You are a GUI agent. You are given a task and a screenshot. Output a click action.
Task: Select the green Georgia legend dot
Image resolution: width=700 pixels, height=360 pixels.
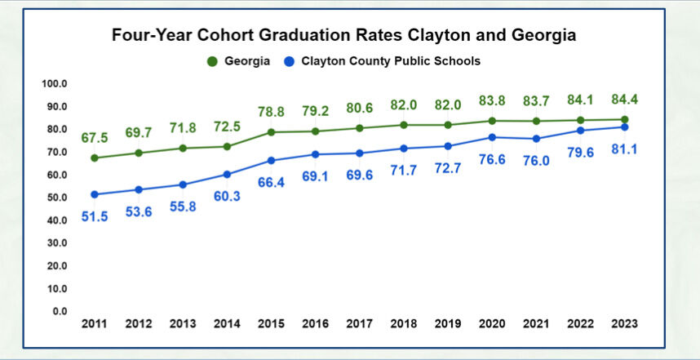[213, 61]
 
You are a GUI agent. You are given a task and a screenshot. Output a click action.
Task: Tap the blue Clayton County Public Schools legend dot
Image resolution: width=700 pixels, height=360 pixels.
[289, 61]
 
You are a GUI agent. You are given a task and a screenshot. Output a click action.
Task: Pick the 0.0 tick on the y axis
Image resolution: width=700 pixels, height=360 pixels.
[59, 311]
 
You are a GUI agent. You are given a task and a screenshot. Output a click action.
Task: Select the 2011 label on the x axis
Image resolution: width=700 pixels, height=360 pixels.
[95, 324]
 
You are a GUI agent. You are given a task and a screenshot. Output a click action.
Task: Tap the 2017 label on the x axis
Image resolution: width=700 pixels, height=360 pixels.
[360, 324]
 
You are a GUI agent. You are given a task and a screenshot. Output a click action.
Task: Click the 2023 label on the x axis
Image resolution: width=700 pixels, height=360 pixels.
[624, 324]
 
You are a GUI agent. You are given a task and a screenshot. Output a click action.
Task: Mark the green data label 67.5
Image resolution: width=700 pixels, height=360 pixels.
[95, 138]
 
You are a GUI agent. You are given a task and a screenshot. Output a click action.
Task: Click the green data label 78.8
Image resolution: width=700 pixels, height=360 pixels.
[271, 112]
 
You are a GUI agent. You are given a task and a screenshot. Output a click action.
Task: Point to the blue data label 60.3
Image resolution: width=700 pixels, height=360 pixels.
[227, 196]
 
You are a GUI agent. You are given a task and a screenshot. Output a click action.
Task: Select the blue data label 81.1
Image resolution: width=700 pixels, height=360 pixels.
[624, 149]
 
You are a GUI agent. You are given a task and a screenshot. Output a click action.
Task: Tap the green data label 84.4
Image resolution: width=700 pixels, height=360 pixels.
[624, 100]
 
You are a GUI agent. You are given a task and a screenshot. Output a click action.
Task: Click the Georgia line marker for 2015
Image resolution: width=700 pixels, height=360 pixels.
[271, 132]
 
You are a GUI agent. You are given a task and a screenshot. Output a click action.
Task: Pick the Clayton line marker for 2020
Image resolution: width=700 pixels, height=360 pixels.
[492, 137]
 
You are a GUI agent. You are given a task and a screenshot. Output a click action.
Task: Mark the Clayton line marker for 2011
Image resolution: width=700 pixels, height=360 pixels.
[95, 194]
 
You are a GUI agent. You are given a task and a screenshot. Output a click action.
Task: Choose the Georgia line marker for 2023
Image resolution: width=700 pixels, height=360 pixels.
[624, 119]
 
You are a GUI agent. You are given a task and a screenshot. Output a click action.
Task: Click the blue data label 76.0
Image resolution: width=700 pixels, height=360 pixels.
[536, 161]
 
